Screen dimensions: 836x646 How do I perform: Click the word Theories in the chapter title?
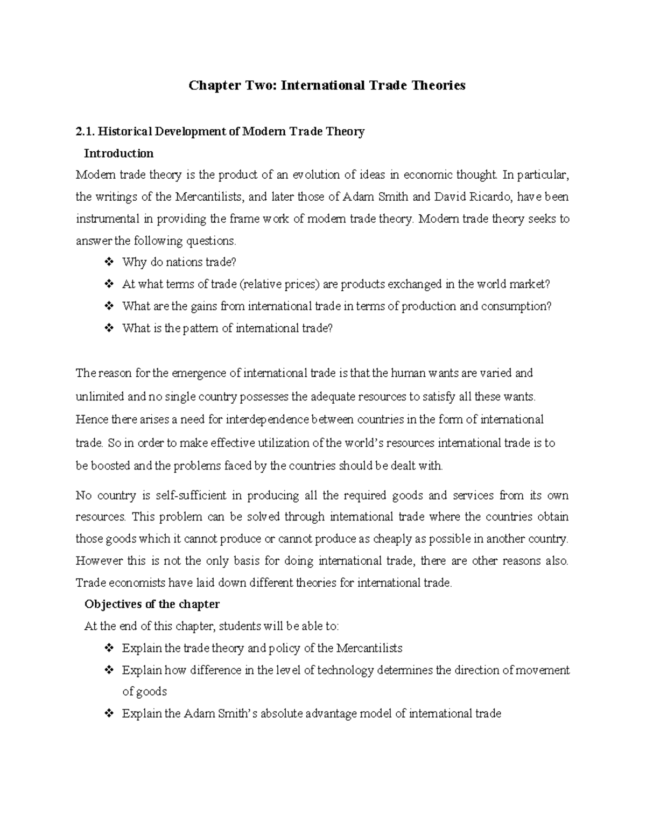pyautogui.click(x=438, y=85)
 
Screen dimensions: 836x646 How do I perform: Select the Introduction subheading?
pyautogui.click(x=119, y=153)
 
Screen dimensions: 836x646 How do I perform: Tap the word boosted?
pyautogui.click(x=111, y=466)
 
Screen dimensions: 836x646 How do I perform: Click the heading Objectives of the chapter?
pyautogui.click(x=152, y=604)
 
